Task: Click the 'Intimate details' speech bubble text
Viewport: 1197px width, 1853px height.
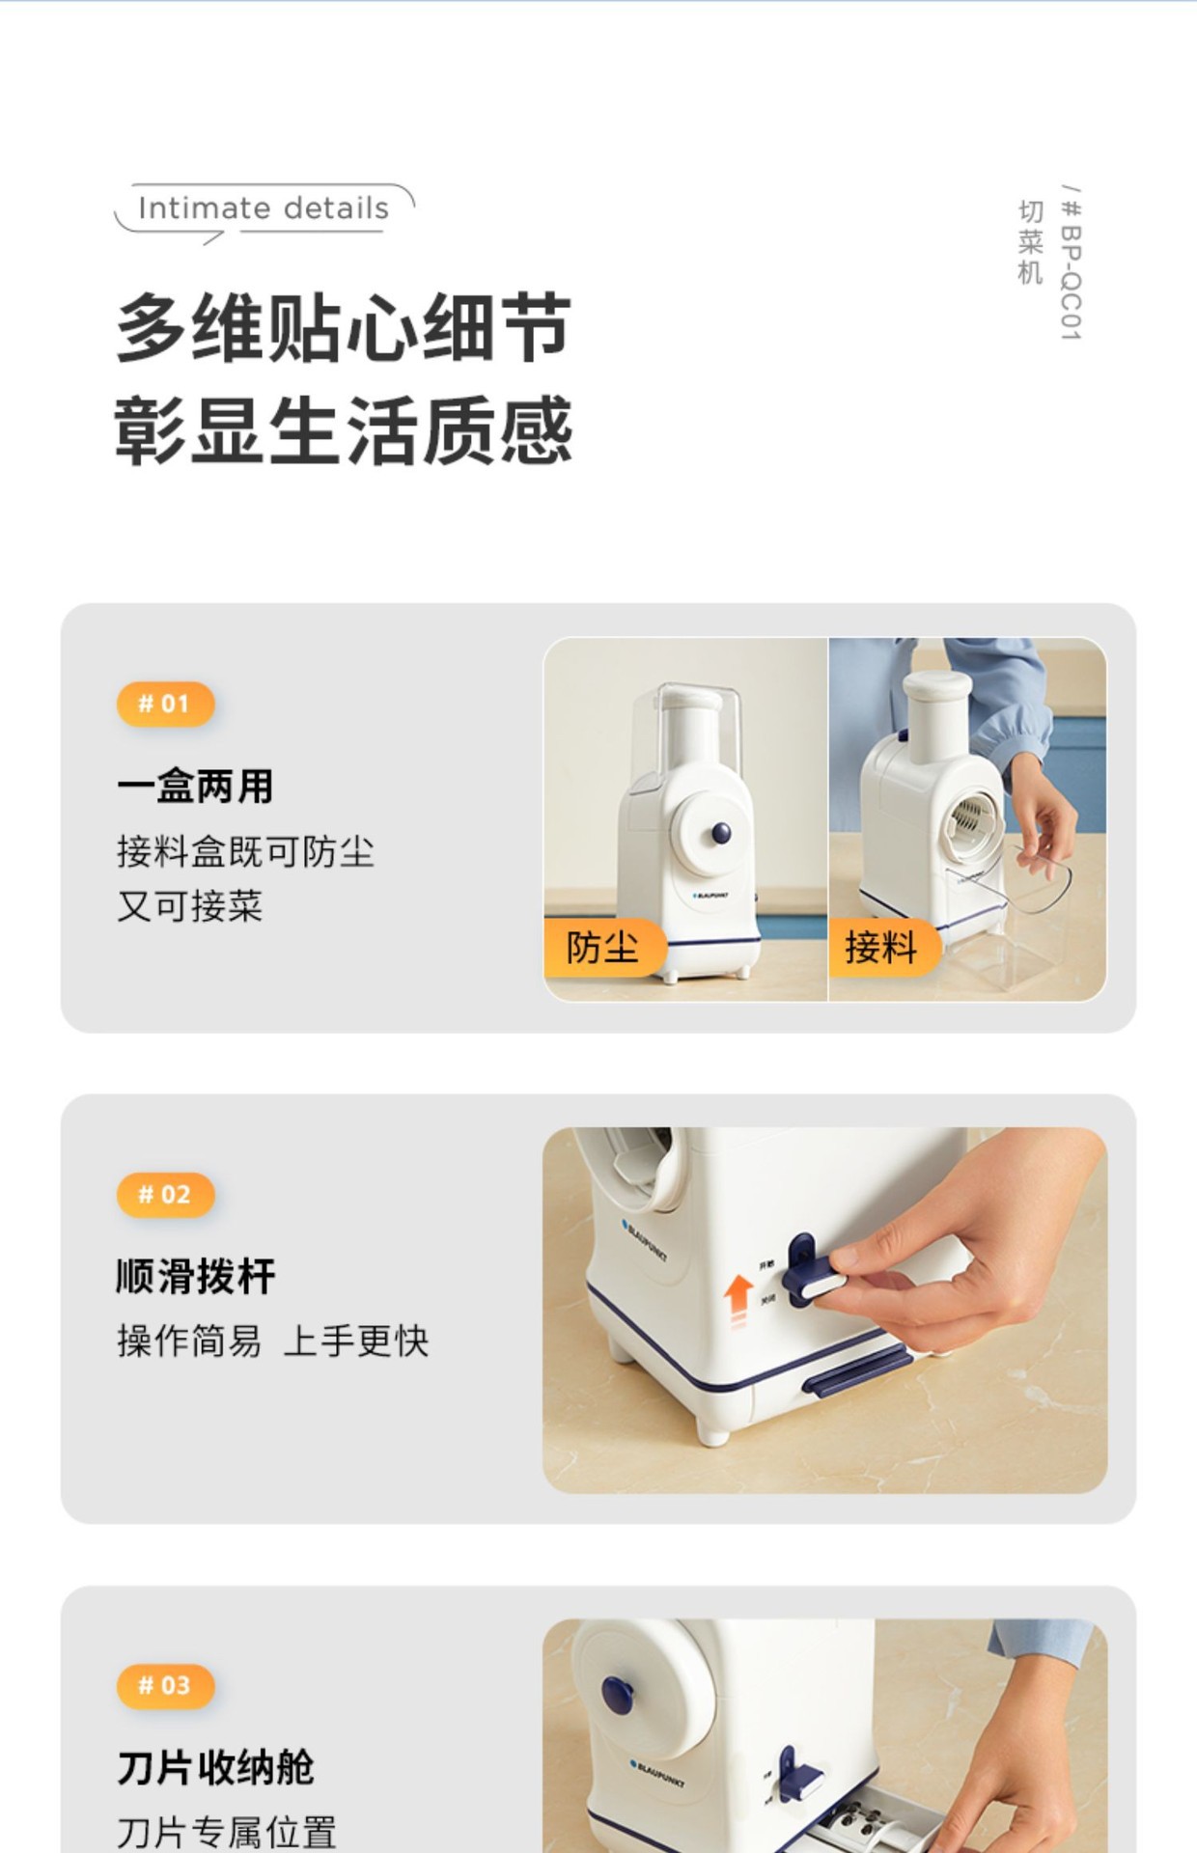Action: click(x=263, y=208)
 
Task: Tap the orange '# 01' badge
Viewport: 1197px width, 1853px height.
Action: click(x=164, y=704)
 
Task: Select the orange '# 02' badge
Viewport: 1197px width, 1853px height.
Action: click(x=164, y=1195)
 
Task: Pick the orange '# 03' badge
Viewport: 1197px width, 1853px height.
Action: click(x=164, y=1685)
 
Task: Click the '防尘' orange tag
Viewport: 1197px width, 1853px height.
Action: click(x=602, y=947)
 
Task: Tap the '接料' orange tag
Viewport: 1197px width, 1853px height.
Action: click(x=880, y=947)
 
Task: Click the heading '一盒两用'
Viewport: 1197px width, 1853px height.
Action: click(x=195, y=787)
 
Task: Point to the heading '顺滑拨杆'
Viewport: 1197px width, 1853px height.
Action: click(x=195, y=1277)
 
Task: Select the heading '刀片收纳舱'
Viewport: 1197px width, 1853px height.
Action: click(x=215, y=1767)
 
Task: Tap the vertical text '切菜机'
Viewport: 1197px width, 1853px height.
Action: click(x=1030, y=242)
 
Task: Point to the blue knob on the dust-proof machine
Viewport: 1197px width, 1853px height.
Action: click(x=720, y=833)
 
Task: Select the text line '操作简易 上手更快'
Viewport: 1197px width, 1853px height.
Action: click(x=272, y=1341)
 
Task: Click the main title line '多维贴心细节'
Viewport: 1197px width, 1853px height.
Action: click(x=344, y=328)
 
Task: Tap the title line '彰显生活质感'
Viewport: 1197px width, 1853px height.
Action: click(x=344, y=430)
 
